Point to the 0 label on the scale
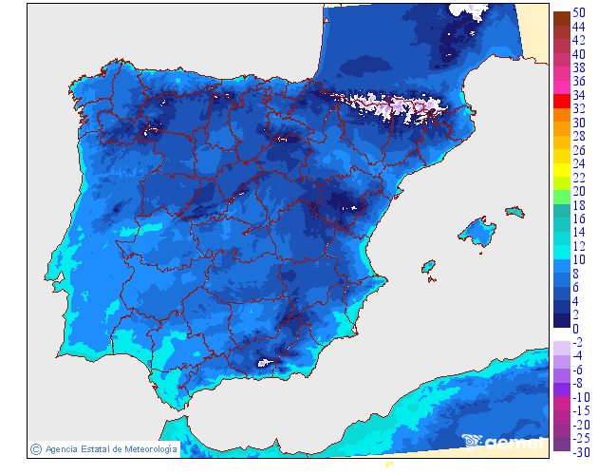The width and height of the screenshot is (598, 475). pyautogui.click(x=574, y=329)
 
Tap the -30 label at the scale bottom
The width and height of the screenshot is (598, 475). pyautogui.click(x=581, y=451)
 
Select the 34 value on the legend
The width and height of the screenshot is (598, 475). pyautogui.click(x=577, y=95)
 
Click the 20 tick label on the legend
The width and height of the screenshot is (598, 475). pyautogui.click(x=577, y=191)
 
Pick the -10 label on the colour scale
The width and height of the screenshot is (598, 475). pyautogui.click(x=581, y=396)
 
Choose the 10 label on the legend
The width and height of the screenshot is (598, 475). pyautogui.click(x=577, y=259)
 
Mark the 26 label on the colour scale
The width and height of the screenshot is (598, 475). pyautogui.click(x=577, y=150)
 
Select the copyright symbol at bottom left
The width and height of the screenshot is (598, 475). pyautogui.click(x=35, y=448)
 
